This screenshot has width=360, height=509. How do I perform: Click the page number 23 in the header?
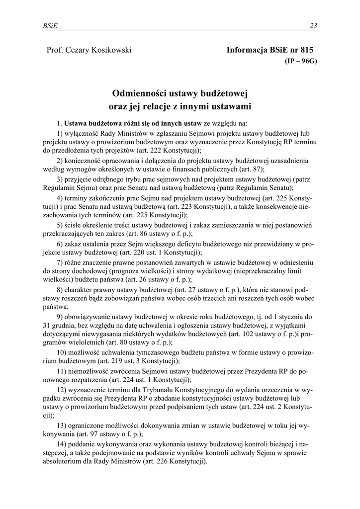313,26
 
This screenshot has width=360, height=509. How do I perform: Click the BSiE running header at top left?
49,26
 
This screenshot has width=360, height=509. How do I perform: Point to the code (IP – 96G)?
300,61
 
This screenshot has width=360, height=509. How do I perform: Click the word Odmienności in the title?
141,92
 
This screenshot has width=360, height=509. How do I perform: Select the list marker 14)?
63,443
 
